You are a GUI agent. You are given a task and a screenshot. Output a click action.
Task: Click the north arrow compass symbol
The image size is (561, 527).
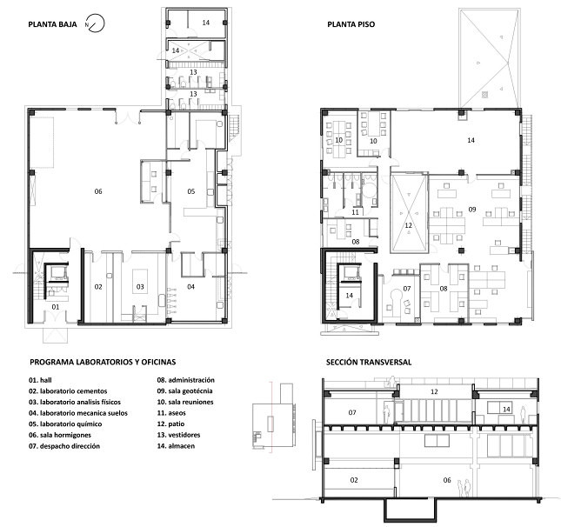click(95, 23)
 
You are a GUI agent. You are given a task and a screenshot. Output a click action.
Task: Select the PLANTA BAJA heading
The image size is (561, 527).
click(52, 24)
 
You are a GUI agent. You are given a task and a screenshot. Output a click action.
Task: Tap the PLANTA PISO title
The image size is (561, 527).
click(351, 24)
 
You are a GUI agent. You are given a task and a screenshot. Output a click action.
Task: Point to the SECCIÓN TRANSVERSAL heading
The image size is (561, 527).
click(369, 362)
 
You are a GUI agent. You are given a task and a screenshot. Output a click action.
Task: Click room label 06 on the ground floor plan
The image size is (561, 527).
click(98, 191)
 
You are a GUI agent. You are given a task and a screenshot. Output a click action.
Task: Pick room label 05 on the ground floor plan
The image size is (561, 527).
click(191, 191)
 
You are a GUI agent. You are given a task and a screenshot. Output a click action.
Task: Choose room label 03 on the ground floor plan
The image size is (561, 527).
click(140, 287)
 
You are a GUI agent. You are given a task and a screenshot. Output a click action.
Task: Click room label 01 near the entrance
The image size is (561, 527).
click(56, 307)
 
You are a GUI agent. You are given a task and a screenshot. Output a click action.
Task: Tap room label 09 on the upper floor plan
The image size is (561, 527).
click(472, 210)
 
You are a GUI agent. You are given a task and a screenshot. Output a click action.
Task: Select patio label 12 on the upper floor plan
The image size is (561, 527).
click(409, 225)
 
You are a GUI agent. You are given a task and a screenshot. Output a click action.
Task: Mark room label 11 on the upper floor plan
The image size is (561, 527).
click(355, 212)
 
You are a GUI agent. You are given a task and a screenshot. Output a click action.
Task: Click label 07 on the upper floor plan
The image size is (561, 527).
click(407, 289)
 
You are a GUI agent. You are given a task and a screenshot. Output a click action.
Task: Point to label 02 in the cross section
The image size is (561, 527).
click(354, 480)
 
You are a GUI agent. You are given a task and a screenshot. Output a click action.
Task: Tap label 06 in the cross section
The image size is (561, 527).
click(447, 480)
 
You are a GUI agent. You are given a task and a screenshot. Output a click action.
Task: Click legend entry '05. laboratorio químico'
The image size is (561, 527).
click(65, 424)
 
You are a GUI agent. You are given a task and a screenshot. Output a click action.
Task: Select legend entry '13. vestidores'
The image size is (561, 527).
click(178, 435)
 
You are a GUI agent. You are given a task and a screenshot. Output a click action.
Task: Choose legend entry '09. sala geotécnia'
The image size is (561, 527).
click(184, 391)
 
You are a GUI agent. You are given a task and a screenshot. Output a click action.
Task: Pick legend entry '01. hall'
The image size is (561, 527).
click(40, 380)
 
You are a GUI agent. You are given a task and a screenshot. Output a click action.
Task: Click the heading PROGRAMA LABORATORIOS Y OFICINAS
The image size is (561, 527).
click(103, 362)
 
